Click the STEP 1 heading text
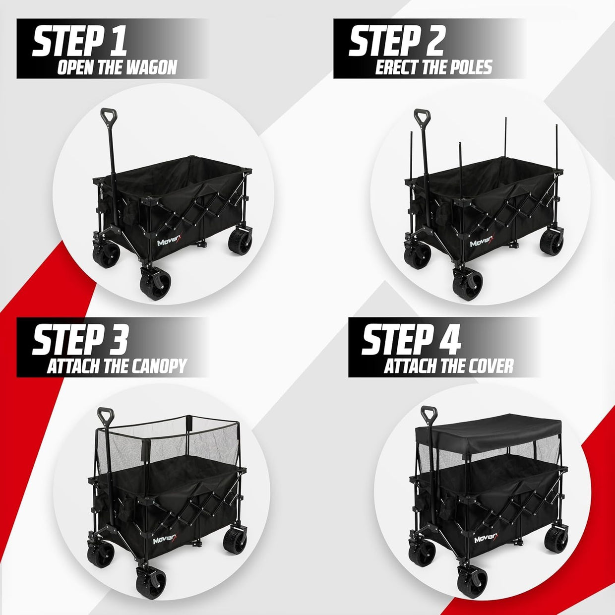(79, 42)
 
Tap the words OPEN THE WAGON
(117, 67)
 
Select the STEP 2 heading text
(396, 42)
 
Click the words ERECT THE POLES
(433, 67)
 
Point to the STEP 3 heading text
(80, 341)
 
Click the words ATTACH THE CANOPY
(117, 367)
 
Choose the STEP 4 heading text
(411, 341)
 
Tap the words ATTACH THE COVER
(449, 367)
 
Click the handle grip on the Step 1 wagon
(109, 114)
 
